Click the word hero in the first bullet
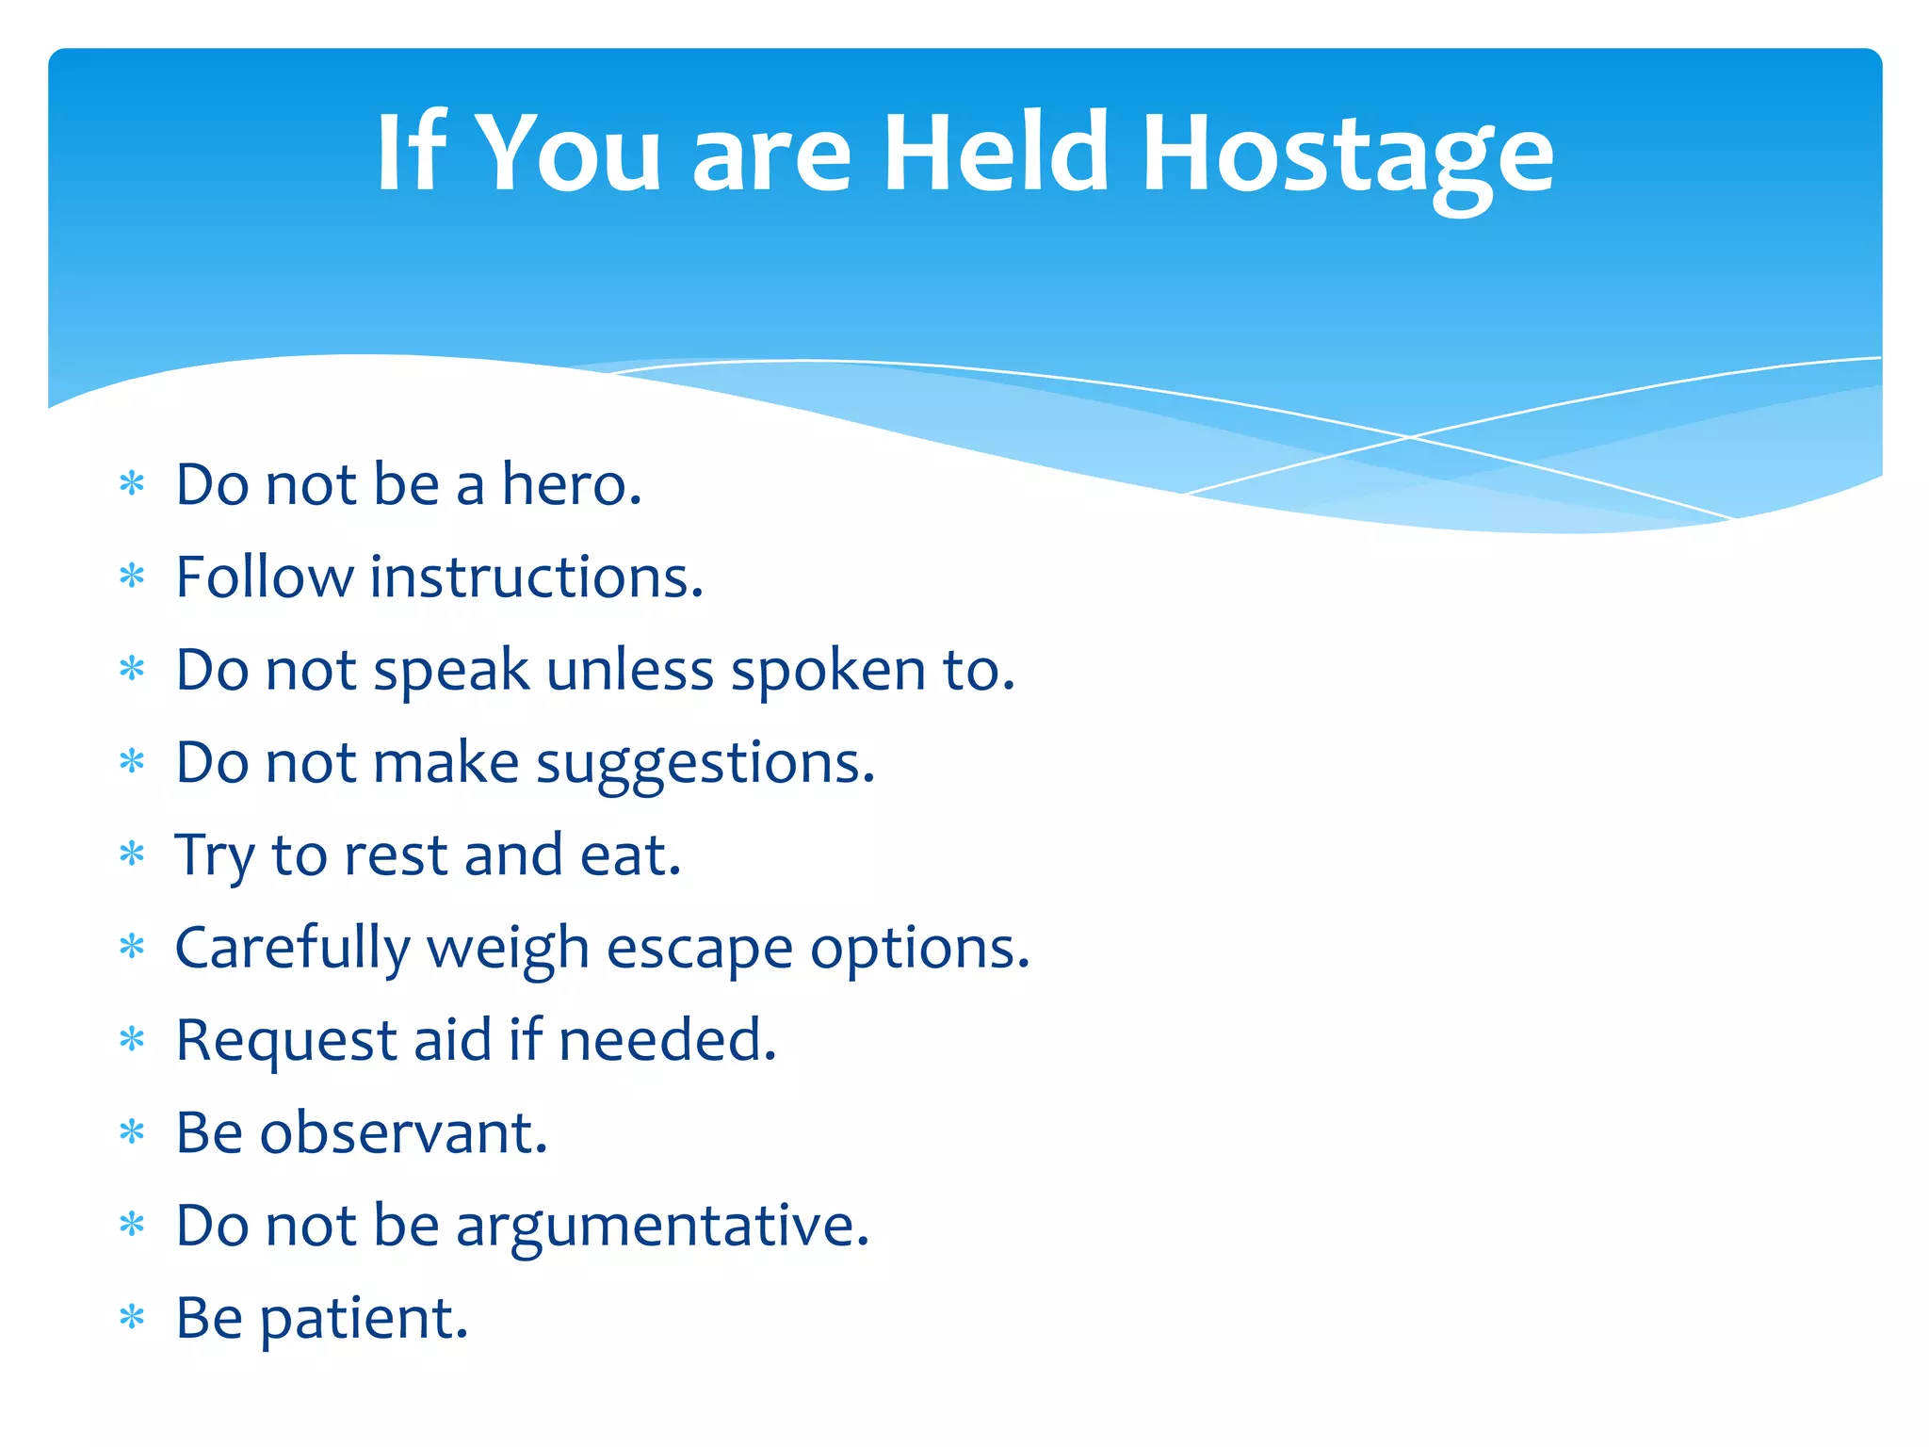(570, 484)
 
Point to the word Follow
(264, 577)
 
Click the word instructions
(536, 577)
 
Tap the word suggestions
(705, 763)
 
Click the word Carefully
(293, 949)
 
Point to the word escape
(699, 949)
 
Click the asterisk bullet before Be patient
(132, 1316)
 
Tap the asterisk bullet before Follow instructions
(132, 575)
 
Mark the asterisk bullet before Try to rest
(132, 854)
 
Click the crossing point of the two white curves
(1410, 437)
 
